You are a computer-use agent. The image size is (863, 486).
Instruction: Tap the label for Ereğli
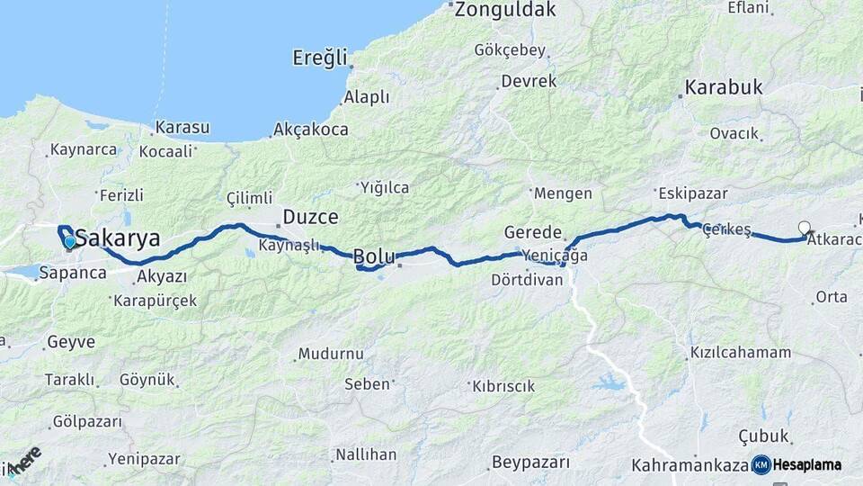coord(319,58)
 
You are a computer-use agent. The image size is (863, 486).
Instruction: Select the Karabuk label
coord(724,87)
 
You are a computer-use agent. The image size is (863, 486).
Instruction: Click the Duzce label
coord(310,217)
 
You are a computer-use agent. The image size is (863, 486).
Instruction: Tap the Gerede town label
coord(533,232)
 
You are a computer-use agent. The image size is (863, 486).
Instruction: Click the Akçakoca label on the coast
coord(310,130)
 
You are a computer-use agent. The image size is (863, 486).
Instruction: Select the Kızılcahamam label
coord(741,352)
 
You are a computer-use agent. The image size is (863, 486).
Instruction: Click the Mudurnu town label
coord(331,354)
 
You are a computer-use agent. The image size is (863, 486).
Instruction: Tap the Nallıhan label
coord(366,454)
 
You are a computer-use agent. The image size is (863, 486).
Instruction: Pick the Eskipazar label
coord(693,193)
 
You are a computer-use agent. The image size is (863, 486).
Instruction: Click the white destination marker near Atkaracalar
coord(804,229)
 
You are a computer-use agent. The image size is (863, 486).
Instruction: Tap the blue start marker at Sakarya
coord(69,241)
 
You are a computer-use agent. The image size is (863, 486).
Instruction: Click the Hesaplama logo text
coord(806,465)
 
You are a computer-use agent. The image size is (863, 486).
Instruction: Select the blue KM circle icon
coord(761,464)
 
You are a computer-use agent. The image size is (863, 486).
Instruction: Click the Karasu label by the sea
coord(182,127)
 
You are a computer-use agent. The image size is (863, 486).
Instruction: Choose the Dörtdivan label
coord(527,280)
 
